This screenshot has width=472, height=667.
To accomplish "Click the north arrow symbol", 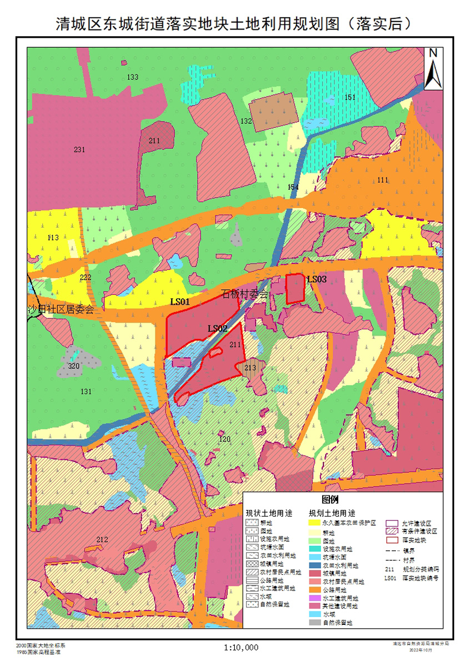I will [433, 68].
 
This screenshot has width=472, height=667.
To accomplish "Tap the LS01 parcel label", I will [180, 302].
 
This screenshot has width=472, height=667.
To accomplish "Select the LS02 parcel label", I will [218, 328].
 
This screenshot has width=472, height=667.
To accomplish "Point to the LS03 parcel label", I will [317, 279].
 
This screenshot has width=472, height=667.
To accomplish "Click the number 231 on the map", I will [79, 149].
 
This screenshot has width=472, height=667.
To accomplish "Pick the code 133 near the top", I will [133, 77].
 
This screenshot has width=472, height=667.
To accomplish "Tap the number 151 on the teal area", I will [350, 97].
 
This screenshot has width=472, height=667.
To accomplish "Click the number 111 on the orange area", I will [382, 179].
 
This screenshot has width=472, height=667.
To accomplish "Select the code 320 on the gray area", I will [74, 366].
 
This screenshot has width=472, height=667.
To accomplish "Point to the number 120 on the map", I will [224, 439].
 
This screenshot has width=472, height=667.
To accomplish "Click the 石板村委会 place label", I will [244, 293].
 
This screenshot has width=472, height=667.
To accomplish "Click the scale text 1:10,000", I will [242, 647].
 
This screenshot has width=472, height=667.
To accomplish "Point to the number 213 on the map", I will [250, 367].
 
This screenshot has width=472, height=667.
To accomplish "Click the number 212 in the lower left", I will [102, 539].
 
